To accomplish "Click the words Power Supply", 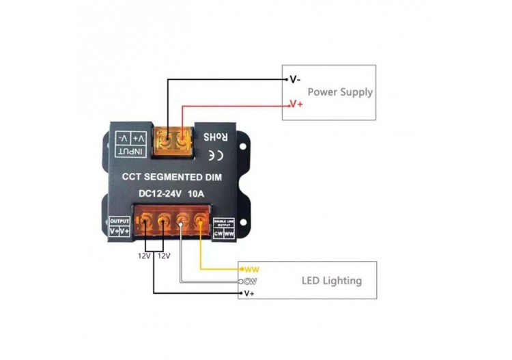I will (x=340, y=92).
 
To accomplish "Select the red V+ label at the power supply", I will (x=296, y=105).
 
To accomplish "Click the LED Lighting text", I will (x=332, y=280).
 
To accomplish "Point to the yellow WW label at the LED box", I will (x=252, y=270).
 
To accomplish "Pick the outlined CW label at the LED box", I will (x=251, y=281).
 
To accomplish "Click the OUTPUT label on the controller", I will (x=119, y=221).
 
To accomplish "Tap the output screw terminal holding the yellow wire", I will (x=200, y=222).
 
